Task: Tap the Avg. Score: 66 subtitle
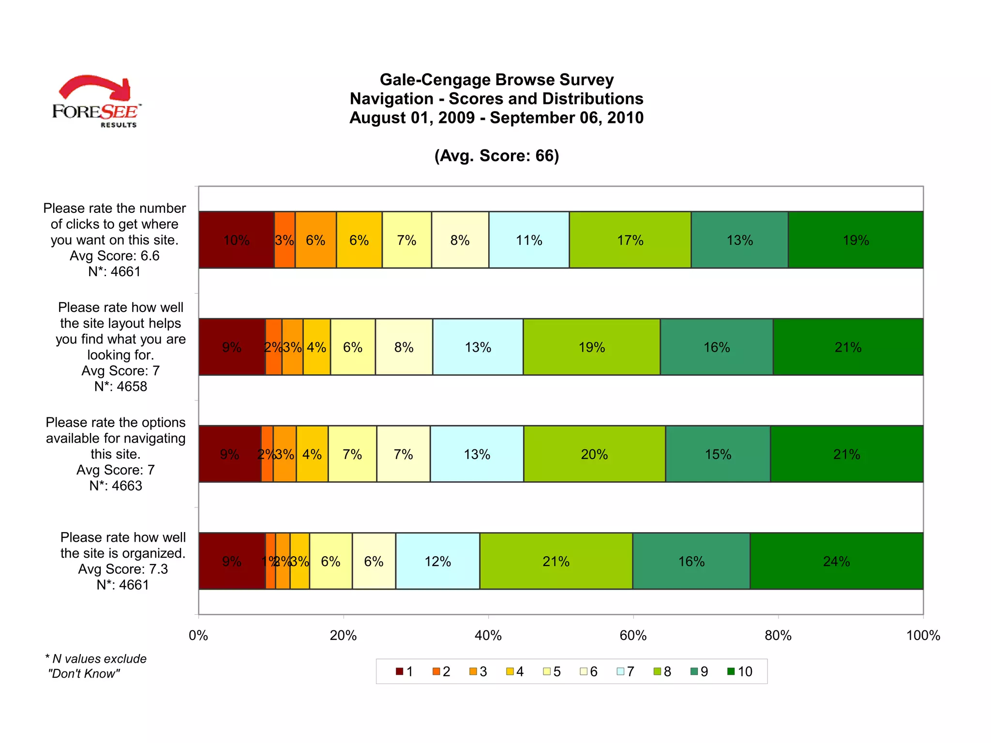click(x=496, y=156)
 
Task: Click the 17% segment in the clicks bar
click(x=630, y=240)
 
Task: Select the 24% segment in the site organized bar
click(x=836, y=561)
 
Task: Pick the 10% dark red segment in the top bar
click(x=236, y=240)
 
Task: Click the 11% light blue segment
click(x=529, y=240)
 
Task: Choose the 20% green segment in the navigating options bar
click(x=594, y=454)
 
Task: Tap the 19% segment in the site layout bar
click(x=592, y=347)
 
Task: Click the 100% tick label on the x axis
click(x=923, y=635)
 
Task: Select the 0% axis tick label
click(x=198, y=635)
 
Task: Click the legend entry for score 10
click(x=740, y=671)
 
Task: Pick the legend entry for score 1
click(x=405, y=671)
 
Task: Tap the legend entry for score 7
click(x=626, y=671)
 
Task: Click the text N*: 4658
click(x=120, y=386)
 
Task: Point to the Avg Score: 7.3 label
click(x=123, y=569)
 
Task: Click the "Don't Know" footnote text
click(x=84, y=673)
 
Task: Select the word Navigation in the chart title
click(x=391, y=99)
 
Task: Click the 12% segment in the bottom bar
click(x=437, y=561)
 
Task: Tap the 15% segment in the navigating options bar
click(x=718, y=454)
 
